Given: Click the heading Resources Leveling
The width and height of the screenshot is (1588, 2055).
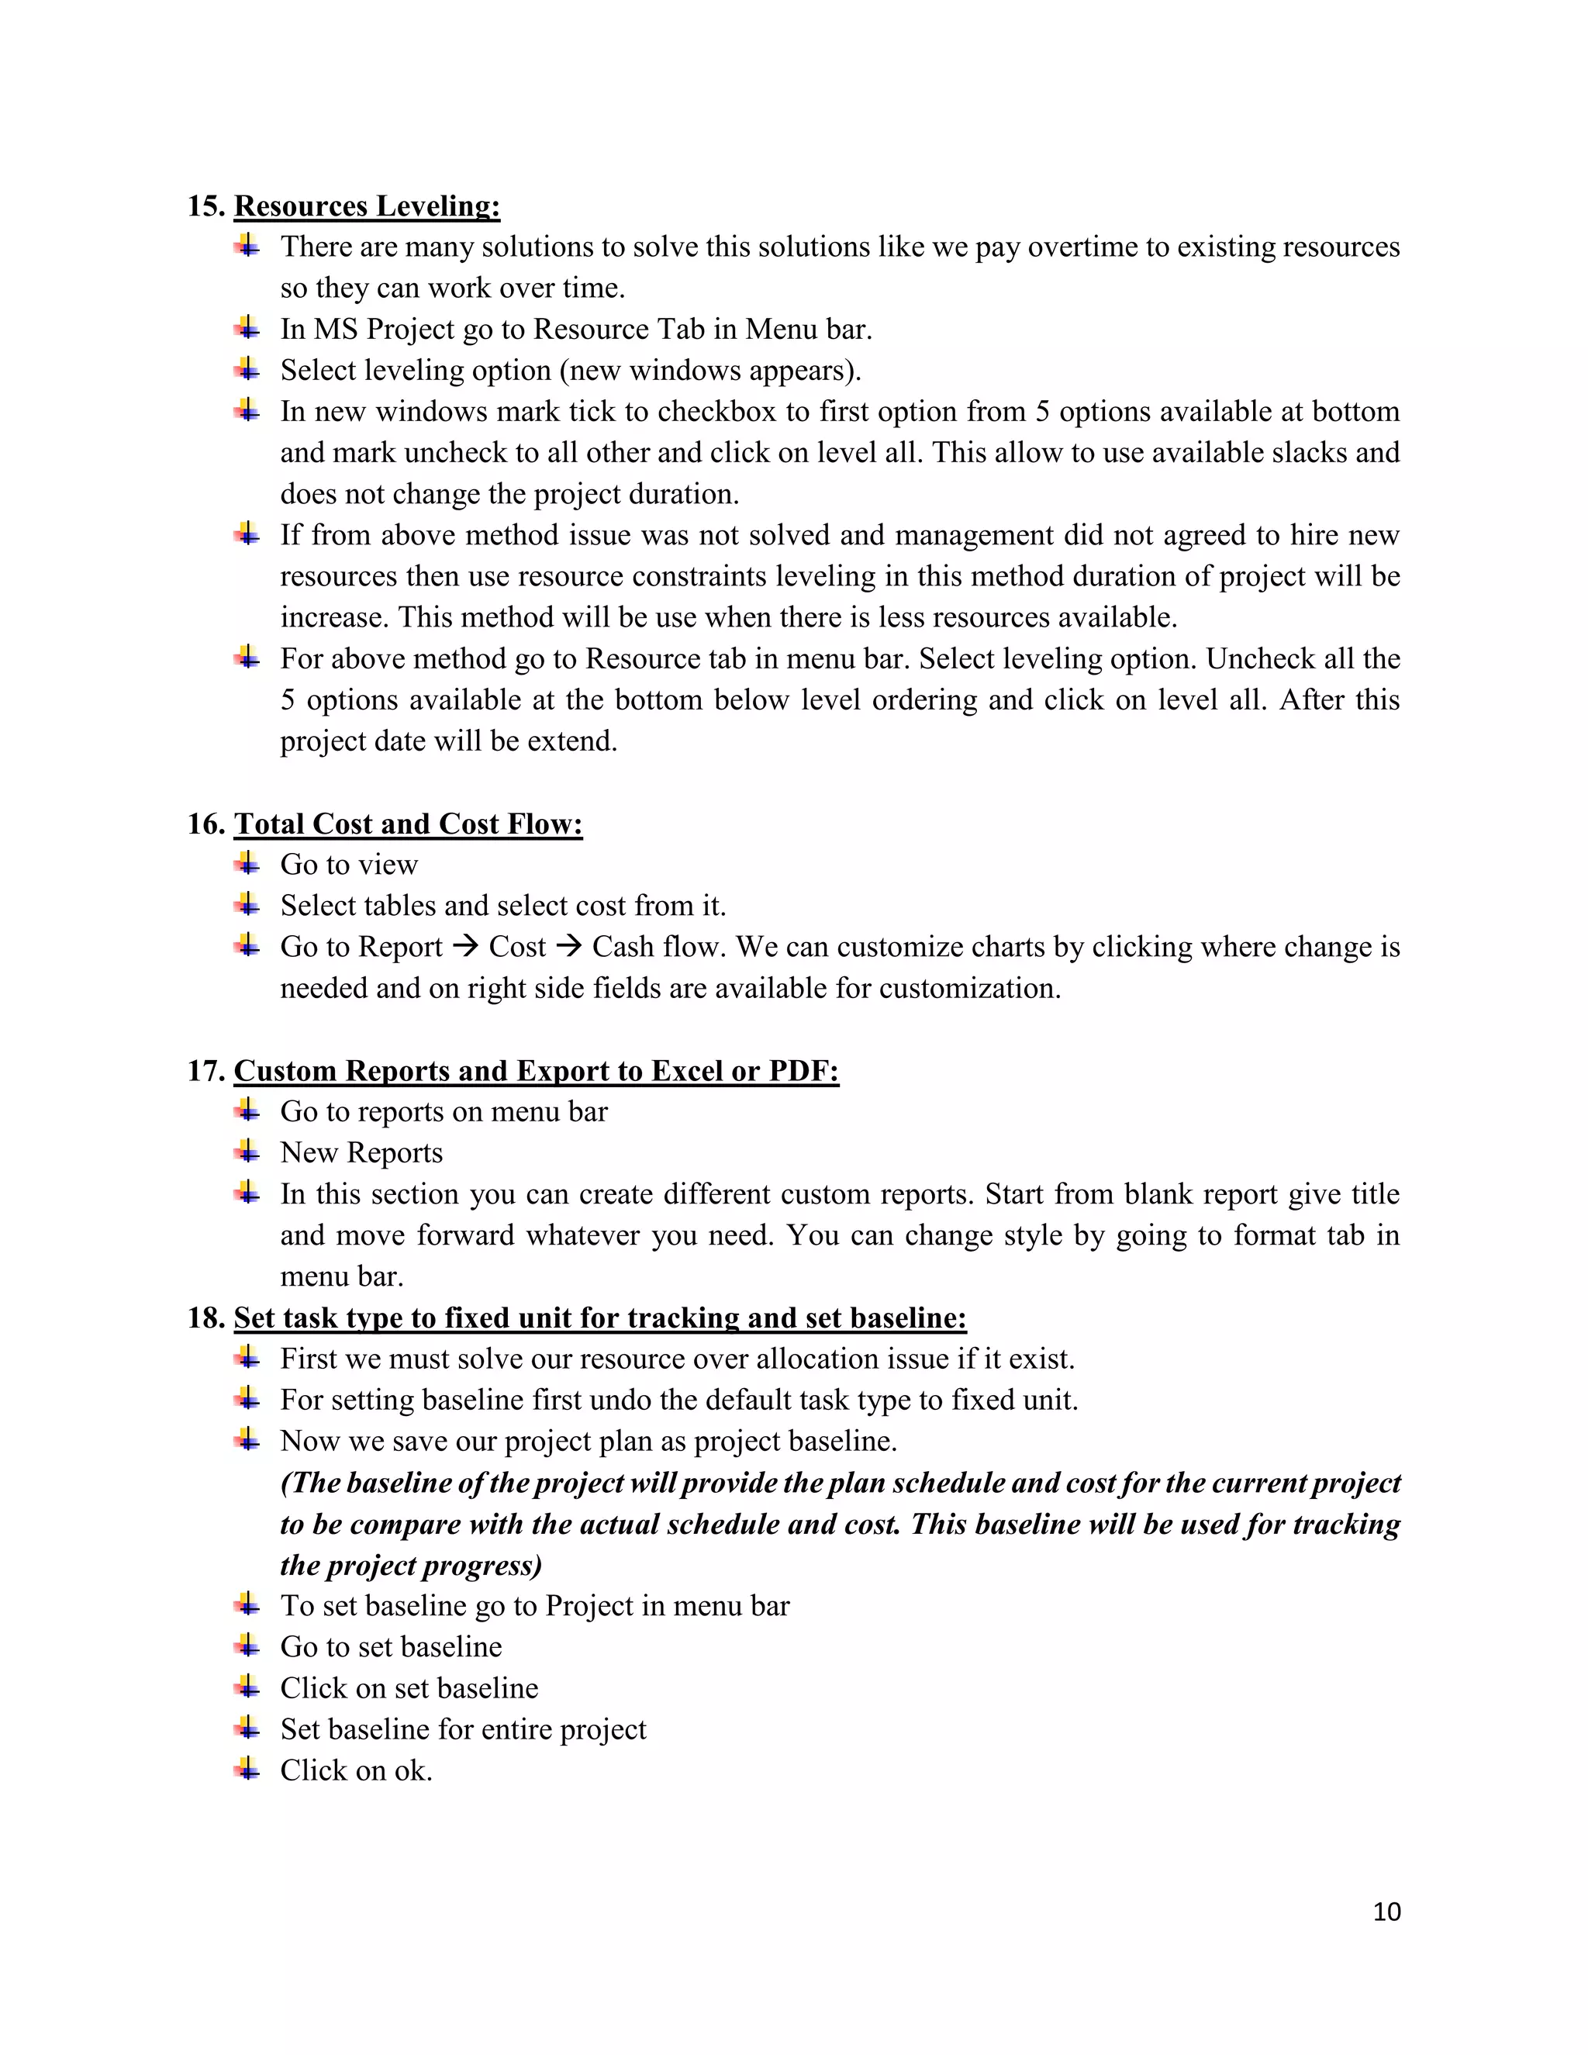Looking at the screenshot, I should [367, 206].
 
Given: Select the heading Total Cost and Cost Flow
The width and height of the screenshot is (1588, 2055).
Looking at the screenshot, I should [409, 824].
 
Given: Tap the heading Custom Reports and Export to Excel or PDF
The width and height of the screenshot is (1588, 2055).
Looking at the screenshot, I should [537, 1071].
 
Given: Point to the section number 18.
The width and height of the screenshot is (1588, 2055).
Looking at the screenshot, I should [205, 1318].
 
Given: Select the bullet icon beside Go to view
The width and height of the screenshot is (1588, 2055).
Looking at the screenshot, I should [247, 864].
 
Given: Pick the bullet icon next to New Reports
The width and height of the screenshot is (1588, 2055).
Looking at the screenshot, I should [247, 1152].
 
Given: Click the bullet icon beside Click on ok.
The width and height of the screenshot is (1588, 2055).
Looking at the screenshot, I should [247, 1770].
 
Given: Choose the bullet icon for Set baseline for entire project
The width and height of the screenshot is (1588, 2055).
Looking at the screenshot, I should [247, 1729].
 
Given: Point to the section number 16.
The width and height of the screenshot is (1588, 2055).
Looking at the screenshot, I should [205, 824].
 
